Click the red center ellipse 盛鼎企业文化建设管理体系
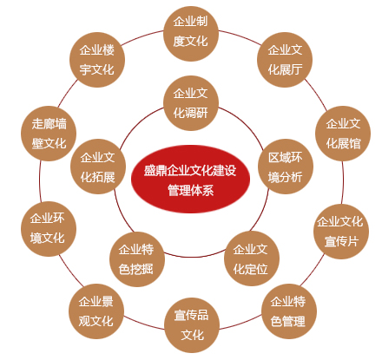pos(190,180)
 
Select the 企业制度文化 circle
pos(191,34)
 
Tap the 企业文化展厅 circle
pos(285,60)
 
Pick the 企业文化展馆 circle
pos(343,134)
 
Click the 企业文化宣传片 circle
pos(341,232)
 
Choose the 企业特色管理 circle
pos(289,311)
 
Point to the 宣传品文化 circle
pos(192,325)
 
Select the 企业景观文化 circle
pos(96,311)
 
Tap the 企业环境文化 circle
pos(49,229)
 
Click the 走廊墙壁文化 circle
pos(49,134)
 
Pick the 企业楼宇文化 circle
pos(97,60)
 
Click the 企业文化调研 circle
pos(191,103)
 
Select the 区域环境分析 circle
pos(286,167)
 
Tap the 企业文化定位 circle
pos(252,259)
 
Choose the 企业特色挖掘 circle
pos(137,259)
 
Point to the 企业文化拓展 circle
pos(98,167)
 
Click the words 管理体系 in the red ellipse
pos(191,191)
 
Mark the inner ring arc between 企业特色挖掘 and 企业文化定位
pos(194,257)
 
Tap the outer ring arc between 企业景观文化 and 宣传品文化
pos(144,324)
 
